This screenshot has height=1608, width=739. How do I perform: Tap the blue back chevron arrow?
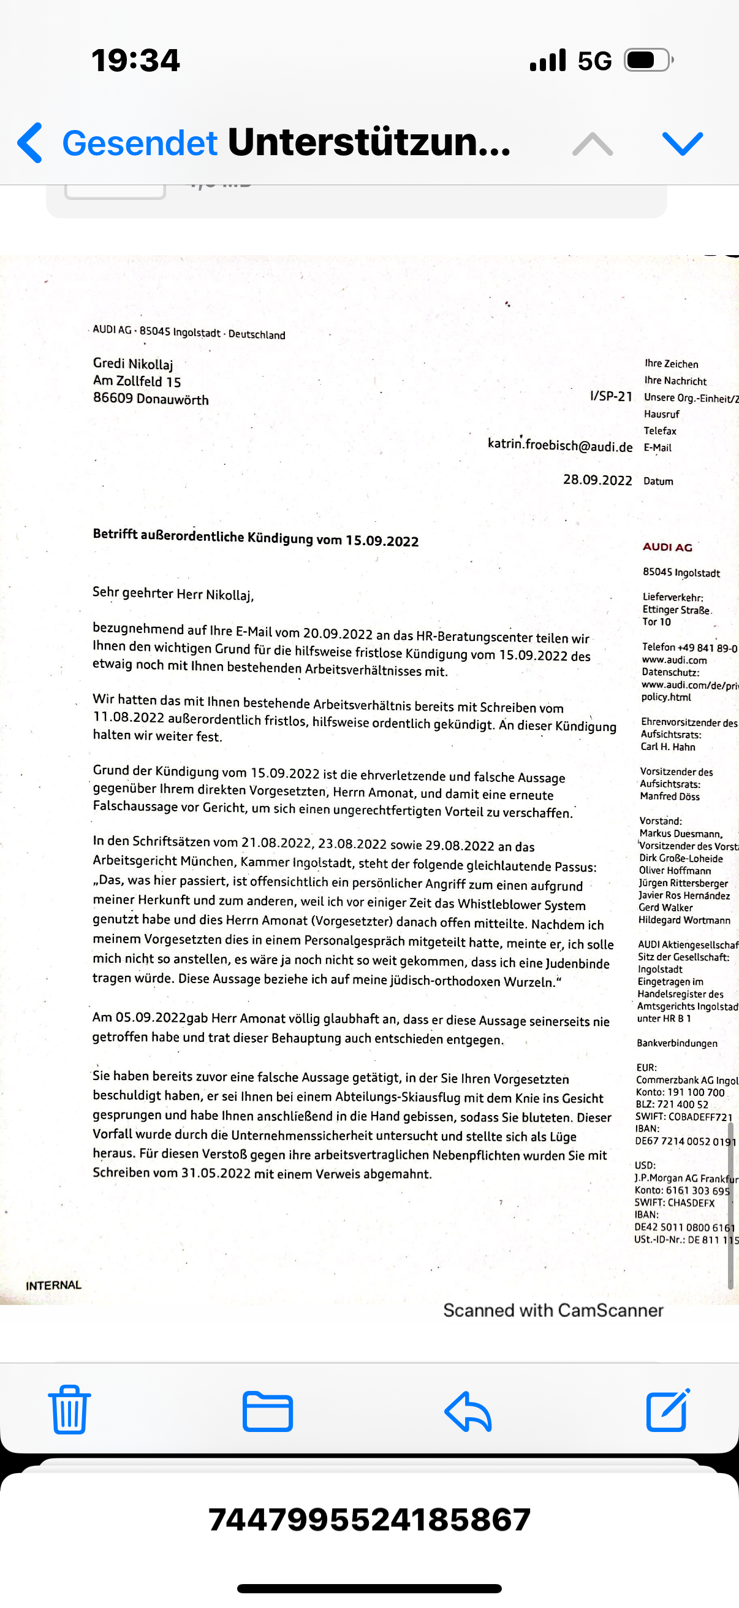(30, 143)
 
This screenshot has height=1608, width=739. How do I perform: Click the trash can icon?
(69, 1409)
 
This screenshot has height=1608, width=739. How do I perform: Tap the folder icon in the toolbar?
(268, 1411)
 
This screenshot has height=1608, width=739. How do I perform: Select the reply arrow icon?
(468, 1411)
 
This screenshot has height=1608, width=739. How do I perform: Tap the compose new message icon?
(668, 1409)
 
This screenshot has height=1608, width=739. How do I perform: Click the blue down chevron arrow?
(683, 143)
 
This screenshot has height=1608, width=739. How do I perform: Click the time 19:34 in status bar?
(135, 61)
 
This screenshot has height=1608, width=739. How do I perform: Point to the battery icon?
(648, 61)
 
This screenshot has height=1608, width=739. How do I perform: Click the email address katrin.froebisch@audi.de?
(559, 445)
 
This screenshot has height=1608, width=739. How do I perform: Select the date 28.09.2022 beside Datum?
(597, 480)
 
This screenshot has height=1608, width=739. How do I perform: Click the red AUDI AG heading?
(667, 547)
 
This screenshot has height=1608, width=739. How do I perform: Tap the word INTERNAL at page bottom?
(54, 1285)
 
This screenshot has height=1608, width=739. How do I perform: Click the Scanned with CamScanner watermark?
(553, 1310)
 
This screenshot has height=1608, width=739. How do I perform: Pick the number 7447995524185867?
(369, 1519)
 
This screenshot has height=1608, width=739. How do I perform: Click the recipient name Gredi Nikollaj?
(133, 363)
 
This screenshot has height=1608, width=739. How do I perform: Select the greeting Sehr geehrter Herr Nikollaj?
(173, 593)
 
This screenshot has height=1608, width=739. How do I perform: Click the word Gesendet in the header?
(140, 143)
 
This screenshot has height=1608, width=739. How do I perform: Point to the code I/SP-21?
(610, 396)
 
